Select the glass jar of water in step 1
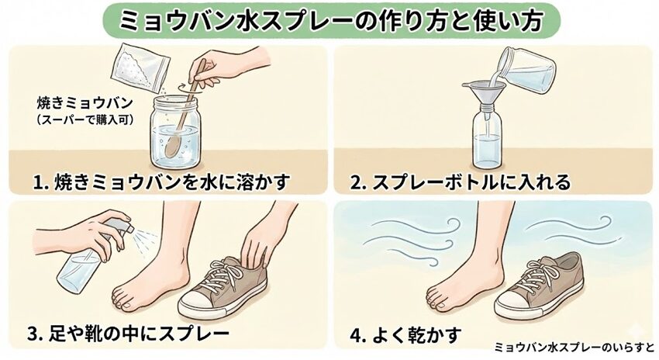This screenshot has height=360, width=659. pyautogui.click(x=175, y=133)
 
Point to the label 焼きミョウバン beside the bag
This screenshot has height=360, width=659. pyautogui.click(x=85, y=104)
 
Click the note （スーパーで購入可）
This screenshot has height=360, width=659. pyautogui.click(x=85, y=119)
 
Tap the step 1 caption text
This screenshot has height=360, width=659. pyautogui.click(x=162, y=183)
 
